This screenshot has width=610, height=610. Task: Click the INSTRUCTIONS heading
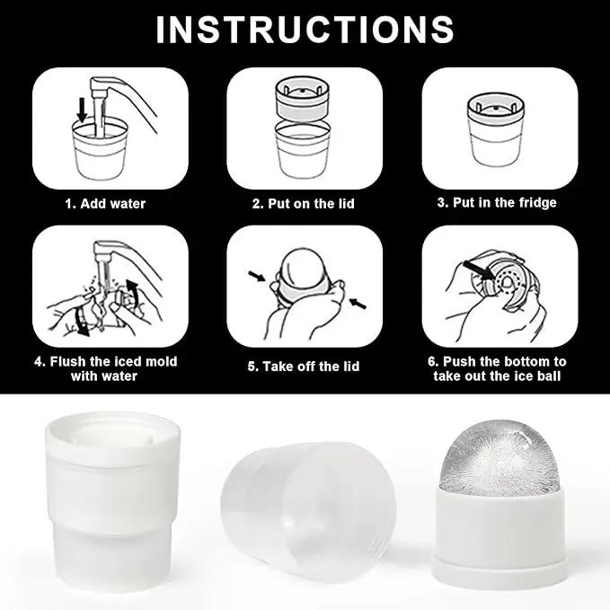click(x=305, y=30)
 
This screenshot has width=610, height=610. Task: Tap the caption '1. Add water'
click(x=105, y=203)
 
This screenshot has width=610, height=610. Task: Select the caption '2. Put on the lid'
click(x=304, y=203)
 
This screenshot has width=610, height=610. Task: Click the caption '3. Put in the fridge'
click(x=497, y=203)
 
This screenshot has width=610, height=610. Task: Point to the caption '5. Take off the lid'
click(x=304, y=366)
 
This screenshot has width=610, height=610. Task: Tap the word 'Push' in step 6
click(x=459, y=361)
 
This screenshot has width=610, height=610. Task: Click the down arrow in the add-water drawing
click(x=82, y=110)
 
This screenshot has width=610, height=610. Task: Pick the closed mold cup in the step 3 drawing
click(x=496, y=129)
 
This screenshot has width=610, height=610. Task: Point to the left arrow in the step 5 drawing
click(x=257, y=276)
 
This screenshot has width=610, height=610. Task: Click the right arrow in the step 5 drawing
click(x=358, y=303)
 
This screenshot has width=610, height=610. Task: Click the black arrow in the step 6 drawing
click(x=480, y=270)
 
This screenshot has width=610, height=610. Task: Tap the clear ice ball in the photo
click(x=499, y=459)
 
